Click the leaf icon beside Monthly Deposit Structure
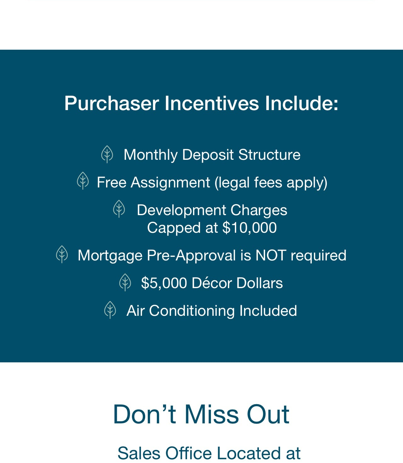(107, 154)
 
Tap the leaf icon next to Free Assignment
(83, 181)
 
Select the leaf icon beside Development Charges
(119, 209)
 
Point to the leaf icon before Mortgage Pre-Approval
(62, 254)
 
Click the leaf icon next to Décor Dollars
(125, 282)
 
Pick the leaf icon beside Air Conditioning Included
(110, 310)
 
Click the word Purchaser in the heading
(112, 103)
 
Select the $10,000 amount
(249, 228)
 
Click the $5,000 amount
(164, 283)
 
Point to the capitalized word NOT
(271, 255)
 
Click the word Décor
(212, 283)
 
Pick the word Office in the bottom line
(189, 453)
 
